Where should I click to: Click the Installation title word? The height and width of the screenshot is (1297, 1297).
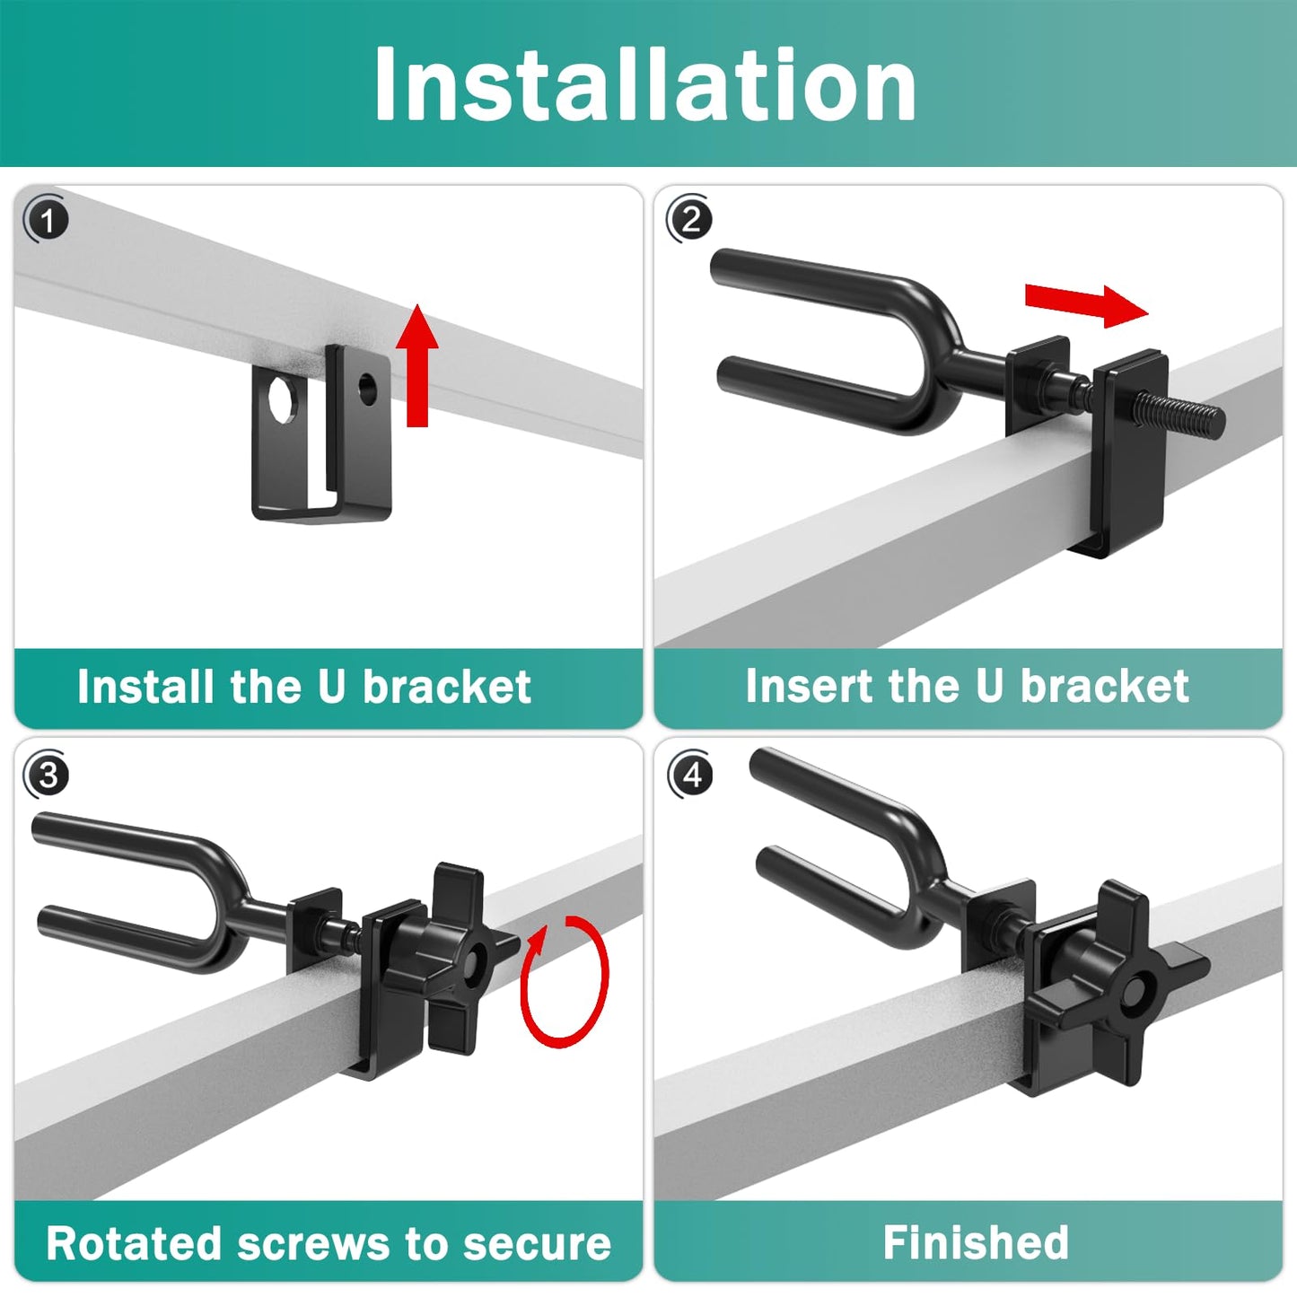644,83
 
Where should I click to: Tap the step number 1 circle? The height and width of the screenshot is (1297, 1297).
47,220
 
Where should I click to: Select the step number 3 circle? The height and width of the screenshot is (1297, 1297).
47,775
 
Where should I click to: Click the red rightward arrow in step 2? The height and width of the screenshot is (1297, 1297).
1086,305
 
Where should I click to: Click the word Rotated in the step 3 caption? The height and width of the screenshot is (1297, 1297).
133,1243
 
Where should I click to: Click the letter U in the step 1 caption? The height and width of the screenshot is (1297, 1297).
331,687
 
